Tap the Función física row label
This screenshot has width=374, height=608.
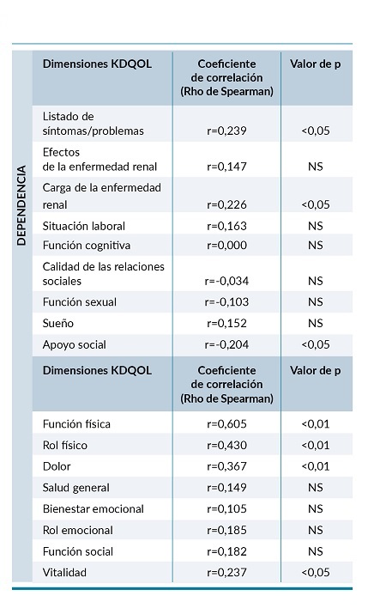pyautogui.click(x=76, y=424)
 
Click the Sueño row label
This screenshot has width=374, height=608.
pyautogui.click(x=59, y=323)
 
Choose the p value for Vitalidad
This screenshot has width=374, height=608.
pyautogui.click(x=315, y=572)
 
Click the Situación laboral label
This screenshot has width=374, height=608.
pyautogui.click(x=84, y=226)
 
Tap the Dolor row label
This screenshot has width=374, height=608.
pyautogui.click(x=57, y=466)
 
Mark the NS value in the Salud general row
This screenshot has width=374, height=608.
pyautogui.click(x=315, y=488)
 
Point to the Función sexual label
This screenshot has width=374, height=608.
pyautogui.click(x=80, y=302)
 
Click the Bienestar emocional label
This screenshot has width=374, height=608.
pyautogui.click(x=93, y=508)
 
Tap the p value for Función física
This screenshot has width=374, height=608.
pyautogui.click(x=315, y=424)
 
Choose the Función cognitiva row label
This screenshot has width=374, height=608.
pyautogui.click(x=86, y=246)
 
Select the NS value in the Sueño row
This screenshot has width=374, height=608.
pyautogui.click(x=315, y=323)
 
